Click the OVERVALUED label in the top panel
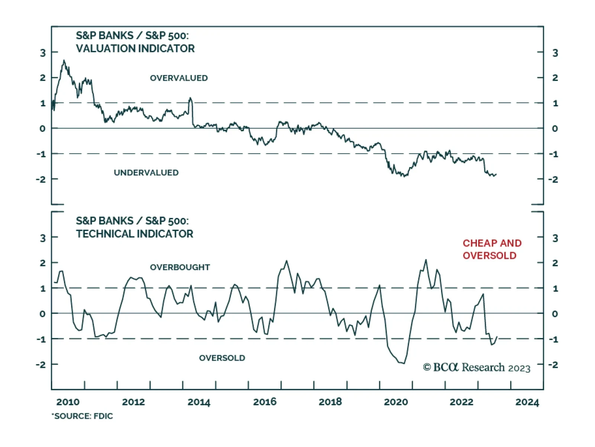(178, 78)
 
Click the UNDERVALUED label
(146, 173)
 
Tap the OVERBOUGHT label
(180, 267)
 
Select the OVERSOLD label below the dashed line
(222, 358)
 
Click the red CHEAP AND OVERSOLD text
(492, 249)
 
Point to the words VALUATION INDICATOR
(135, 48)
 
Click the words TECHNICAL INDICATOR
(135, 234)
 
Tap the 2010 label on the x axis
(68, 402)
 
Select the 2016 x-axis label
(265, 402)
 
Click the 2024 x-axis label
(527, 402)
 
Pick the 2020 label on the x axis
(396, 402)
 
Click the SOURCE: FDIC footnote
(83, 416)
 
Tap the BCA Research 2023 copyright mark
(476, 367)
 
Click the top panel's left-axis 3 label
(43, 53)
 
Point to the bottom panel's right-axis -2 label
(554, 365)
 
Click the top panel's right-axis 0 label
(555, 129)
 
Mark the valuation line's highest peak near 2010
(64, 61)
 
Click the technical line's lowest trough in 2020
(404, 363)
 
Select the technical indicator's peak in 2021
(426, 260)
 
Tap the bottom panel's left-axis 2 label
(43, 263)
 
